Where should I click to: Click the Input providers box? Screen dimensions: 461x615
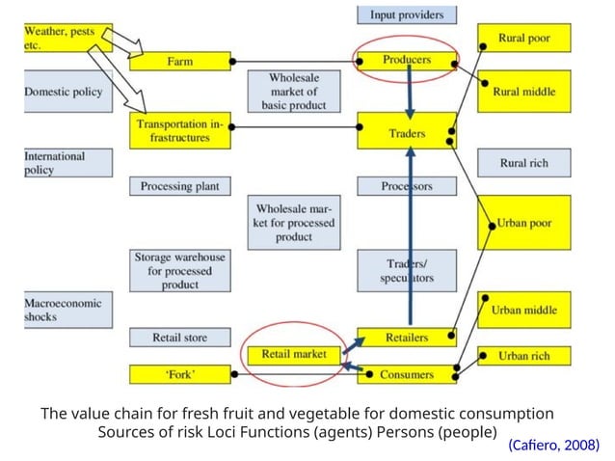407,14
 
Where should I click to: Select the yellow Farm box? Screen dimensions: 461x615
180,62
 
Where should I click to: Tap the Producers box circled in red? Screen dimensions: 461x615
406,60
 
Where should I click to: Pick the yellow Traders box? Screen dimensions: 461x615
406,133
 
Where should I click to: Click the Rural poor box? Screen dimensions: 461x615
523,39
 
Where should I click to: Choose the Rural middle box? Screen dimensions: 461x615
523,91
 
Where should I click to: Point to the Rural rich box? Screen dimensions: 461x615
523,163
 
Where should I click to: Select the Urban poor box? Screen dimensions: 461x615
523,223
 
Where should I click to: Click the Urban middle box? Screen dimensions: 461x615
523,311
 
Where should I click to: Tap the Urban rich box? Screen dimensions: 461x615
523,356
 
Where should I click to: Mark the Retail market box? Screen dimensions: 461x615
294,354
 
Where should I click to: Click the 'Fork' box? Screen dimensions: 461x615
180,374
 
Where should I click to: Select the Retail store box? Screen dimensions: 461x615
180,338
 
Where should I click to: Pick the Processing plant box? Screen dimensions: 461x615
180,186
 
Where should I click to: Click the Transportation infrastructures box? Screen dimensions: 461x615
180,131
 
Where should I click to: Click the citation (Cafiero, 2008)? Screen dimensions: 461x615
553,445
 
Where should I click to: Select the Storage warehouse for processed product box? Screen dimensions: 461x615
180,271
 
